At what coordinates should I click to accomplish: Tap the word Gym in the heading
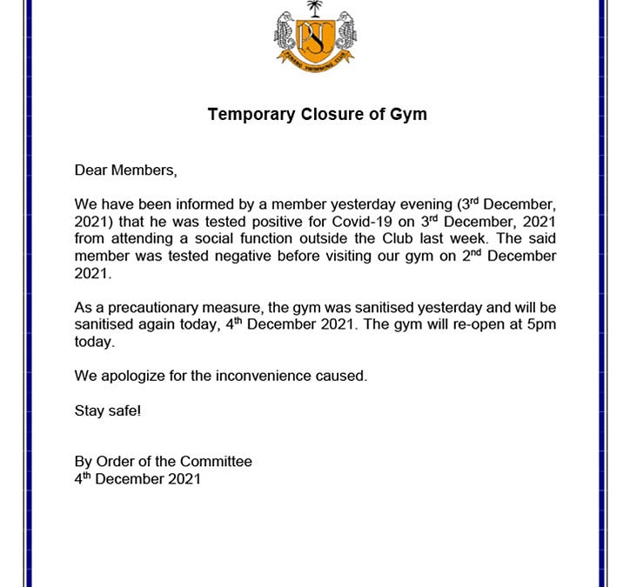coord(409,114)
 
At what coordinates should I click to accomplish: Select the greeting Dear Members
coord(125,170)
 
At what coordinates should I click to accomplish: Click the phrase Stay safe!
coord(107,410)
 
